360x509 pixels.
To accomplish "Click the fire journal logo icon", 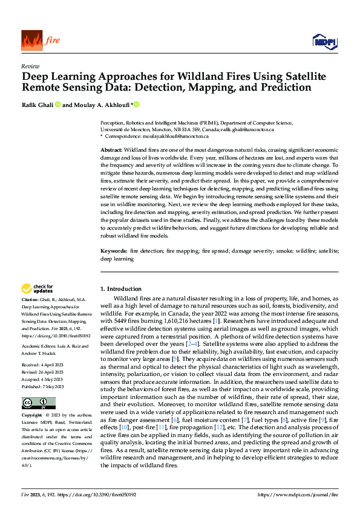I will click(31, 41).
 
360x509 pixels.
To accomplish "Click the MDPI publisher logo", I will click(324, 41).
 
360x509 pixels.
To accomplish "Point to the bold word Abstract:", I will click(112, 149).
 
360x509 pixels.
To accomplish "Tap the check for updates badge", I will click(38, 289).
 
